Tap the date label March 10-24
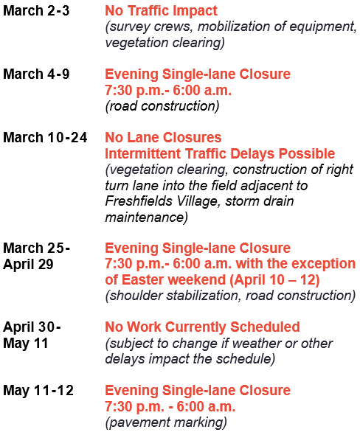coord(44,138)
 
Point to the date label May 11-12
coord(38,390)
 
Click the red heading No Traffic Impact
coord(161,11)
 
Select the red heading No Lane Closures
coord(163,138)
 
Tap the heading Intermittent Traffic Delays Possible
coord(220,154)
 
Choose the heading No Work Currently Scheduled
coord(202,327)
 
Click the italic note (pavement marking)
coord(166,422)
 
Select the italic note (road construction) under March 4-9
coord(162,106)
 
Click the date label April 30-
coord(32,327)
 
